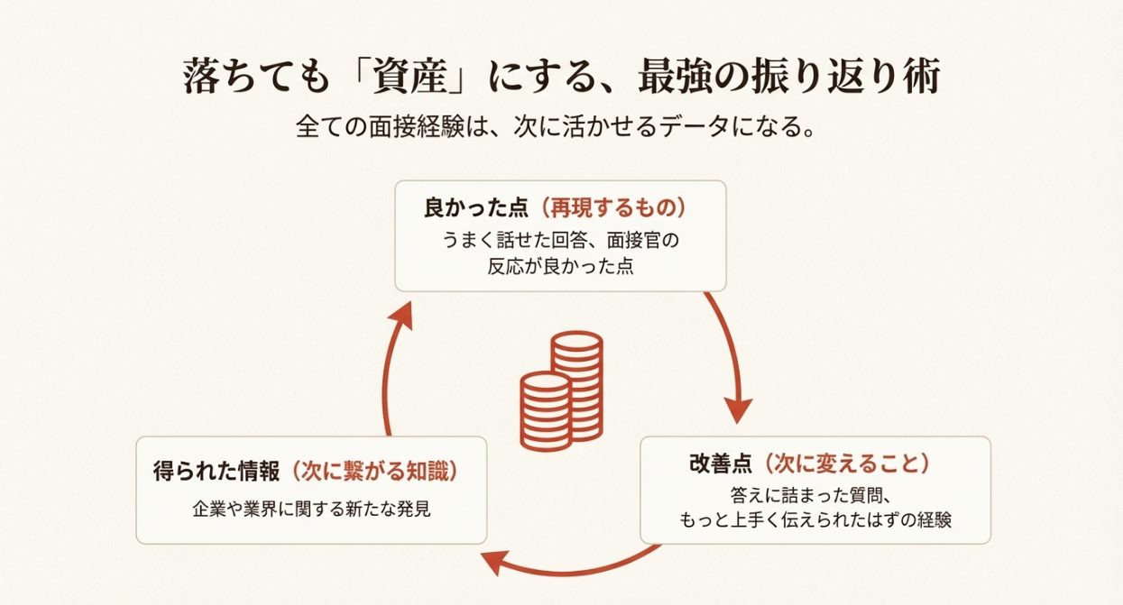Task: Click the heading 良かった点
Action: pos(475,208)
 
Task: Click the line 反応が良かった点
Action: pos(560,268)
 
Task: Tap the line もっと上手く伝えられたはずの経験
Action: pos(815,520)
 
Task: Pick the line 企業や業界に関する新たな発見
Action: pos(311,509)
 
